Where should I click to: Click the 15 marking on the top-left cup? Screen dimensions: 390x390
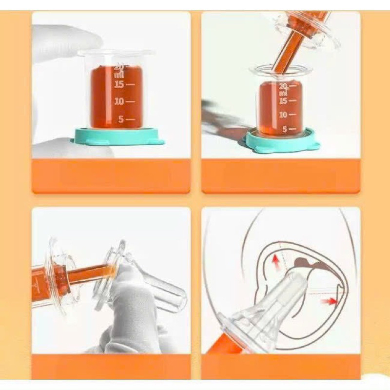click(119, 84)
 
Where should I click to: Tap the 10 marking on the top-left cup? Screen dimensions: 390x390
click(119, 101)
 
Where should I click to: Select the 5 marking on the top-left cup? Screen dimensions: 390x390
click(121, 119)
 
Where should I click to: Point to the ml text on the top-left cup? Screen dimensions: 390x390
click(119, 75)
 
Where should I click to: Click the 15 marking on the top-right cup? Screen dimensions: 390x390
click(283, 101)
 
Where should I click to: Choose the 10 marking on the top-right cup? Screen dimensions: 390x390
click(283, 115)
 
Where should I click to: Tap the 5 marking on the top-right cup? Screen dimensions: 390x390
click(285, 129)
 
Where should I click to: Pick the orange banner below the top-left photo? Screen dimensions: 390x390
click(111, 176)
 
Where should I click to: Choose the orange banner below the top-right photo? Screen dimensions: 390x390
click(281, 176)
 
